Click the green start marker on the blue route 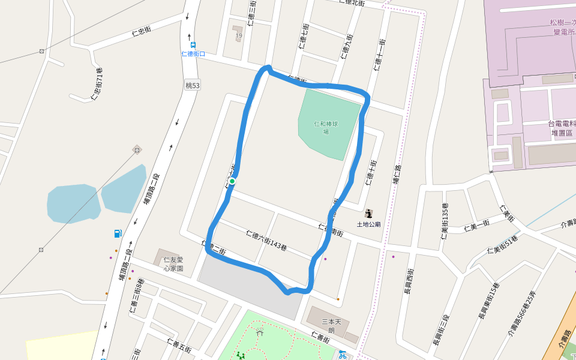pos(232,181)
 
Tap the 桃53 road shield pos(193,86)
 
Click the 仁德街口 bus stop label pos(193,53)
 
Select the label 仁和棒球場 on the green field pos(326,128)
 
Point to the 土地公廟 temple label pos(369,224)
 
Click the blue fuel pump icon pos(118,233)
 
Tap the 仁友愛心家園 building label pos(173,264)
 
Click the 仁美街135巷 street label pos(445,223)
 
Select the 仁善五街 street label pos(180,346)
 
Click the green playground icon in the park pos(241,356)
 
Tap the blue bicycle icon pos(342,354)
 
